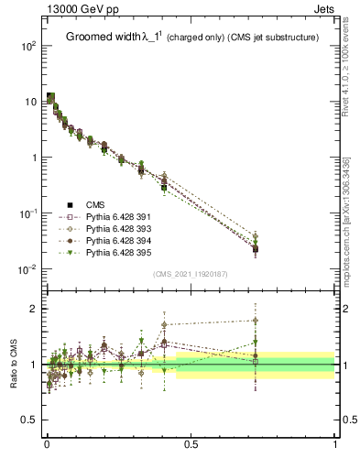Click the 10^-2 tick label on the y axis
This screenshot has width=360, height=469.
point(27,269)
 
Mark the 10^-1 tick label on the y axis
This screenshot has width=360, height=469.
point(27,213)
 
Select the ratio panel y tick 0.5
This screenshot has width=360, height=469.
point(29,420)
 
